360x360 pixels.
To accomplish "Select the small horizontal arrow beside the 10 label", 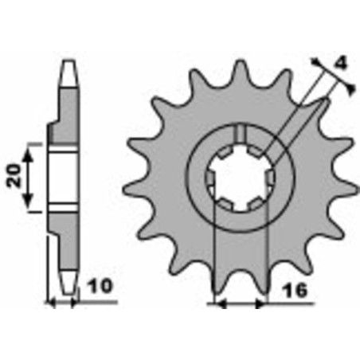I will pos(64,303).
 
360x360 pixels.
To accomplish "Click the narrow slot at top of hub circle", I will pos(241,132).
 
